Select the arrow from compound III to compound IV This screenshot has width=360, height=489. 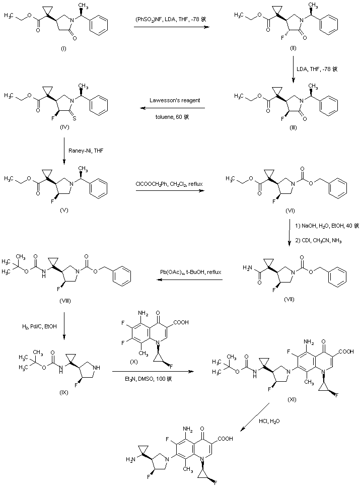click(x=171, y=108)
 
